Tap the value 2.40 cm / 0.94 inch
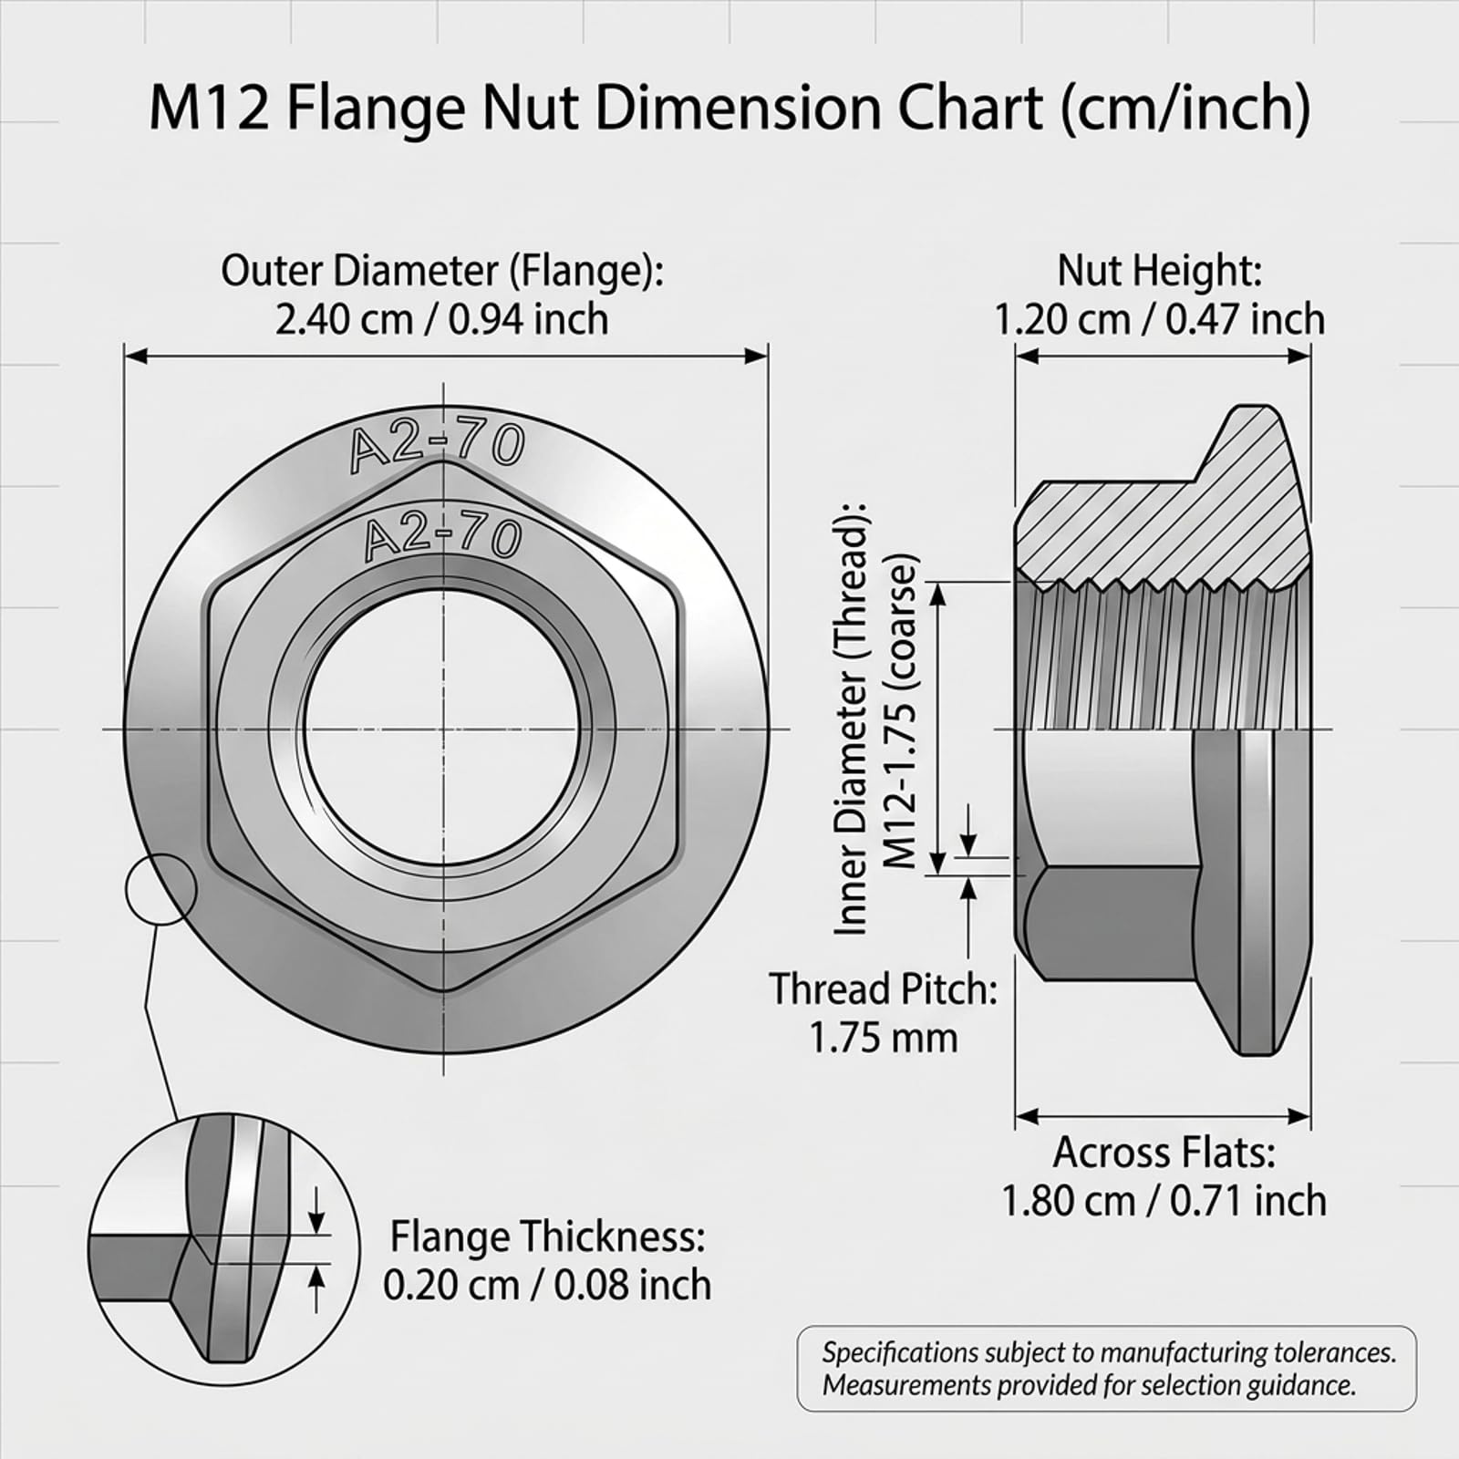pos(442,319)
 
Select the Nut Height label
pos(1160,271)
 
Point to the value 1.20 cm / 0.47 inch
pos(1160,319)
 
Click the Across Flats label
pos(1164,1153)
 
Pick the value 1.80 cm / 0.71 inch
pos(1164,1200)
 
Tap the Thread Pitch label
pos(884,989)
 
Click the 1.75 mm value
pos(884,1038)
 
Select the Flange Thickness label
pos(547,1237)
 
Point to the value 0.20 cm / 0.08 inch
pos(547,1285)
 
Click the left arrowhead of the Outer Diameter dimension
pos(135,356)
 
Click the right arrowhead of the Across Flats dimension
pos(1300,1116)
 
